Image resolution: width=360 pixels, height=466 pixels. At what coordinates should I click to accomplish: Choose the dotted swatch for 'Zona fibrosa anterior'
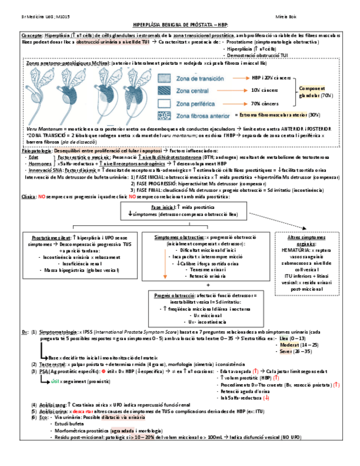coord(165,115)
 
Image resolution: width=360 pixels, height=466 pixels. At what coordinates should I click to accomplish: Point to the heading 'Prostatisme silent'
coord(51,237)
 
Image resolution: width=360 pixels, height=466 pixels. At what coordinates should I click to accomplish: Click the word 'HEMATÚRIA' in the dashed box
coord(292,251)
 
